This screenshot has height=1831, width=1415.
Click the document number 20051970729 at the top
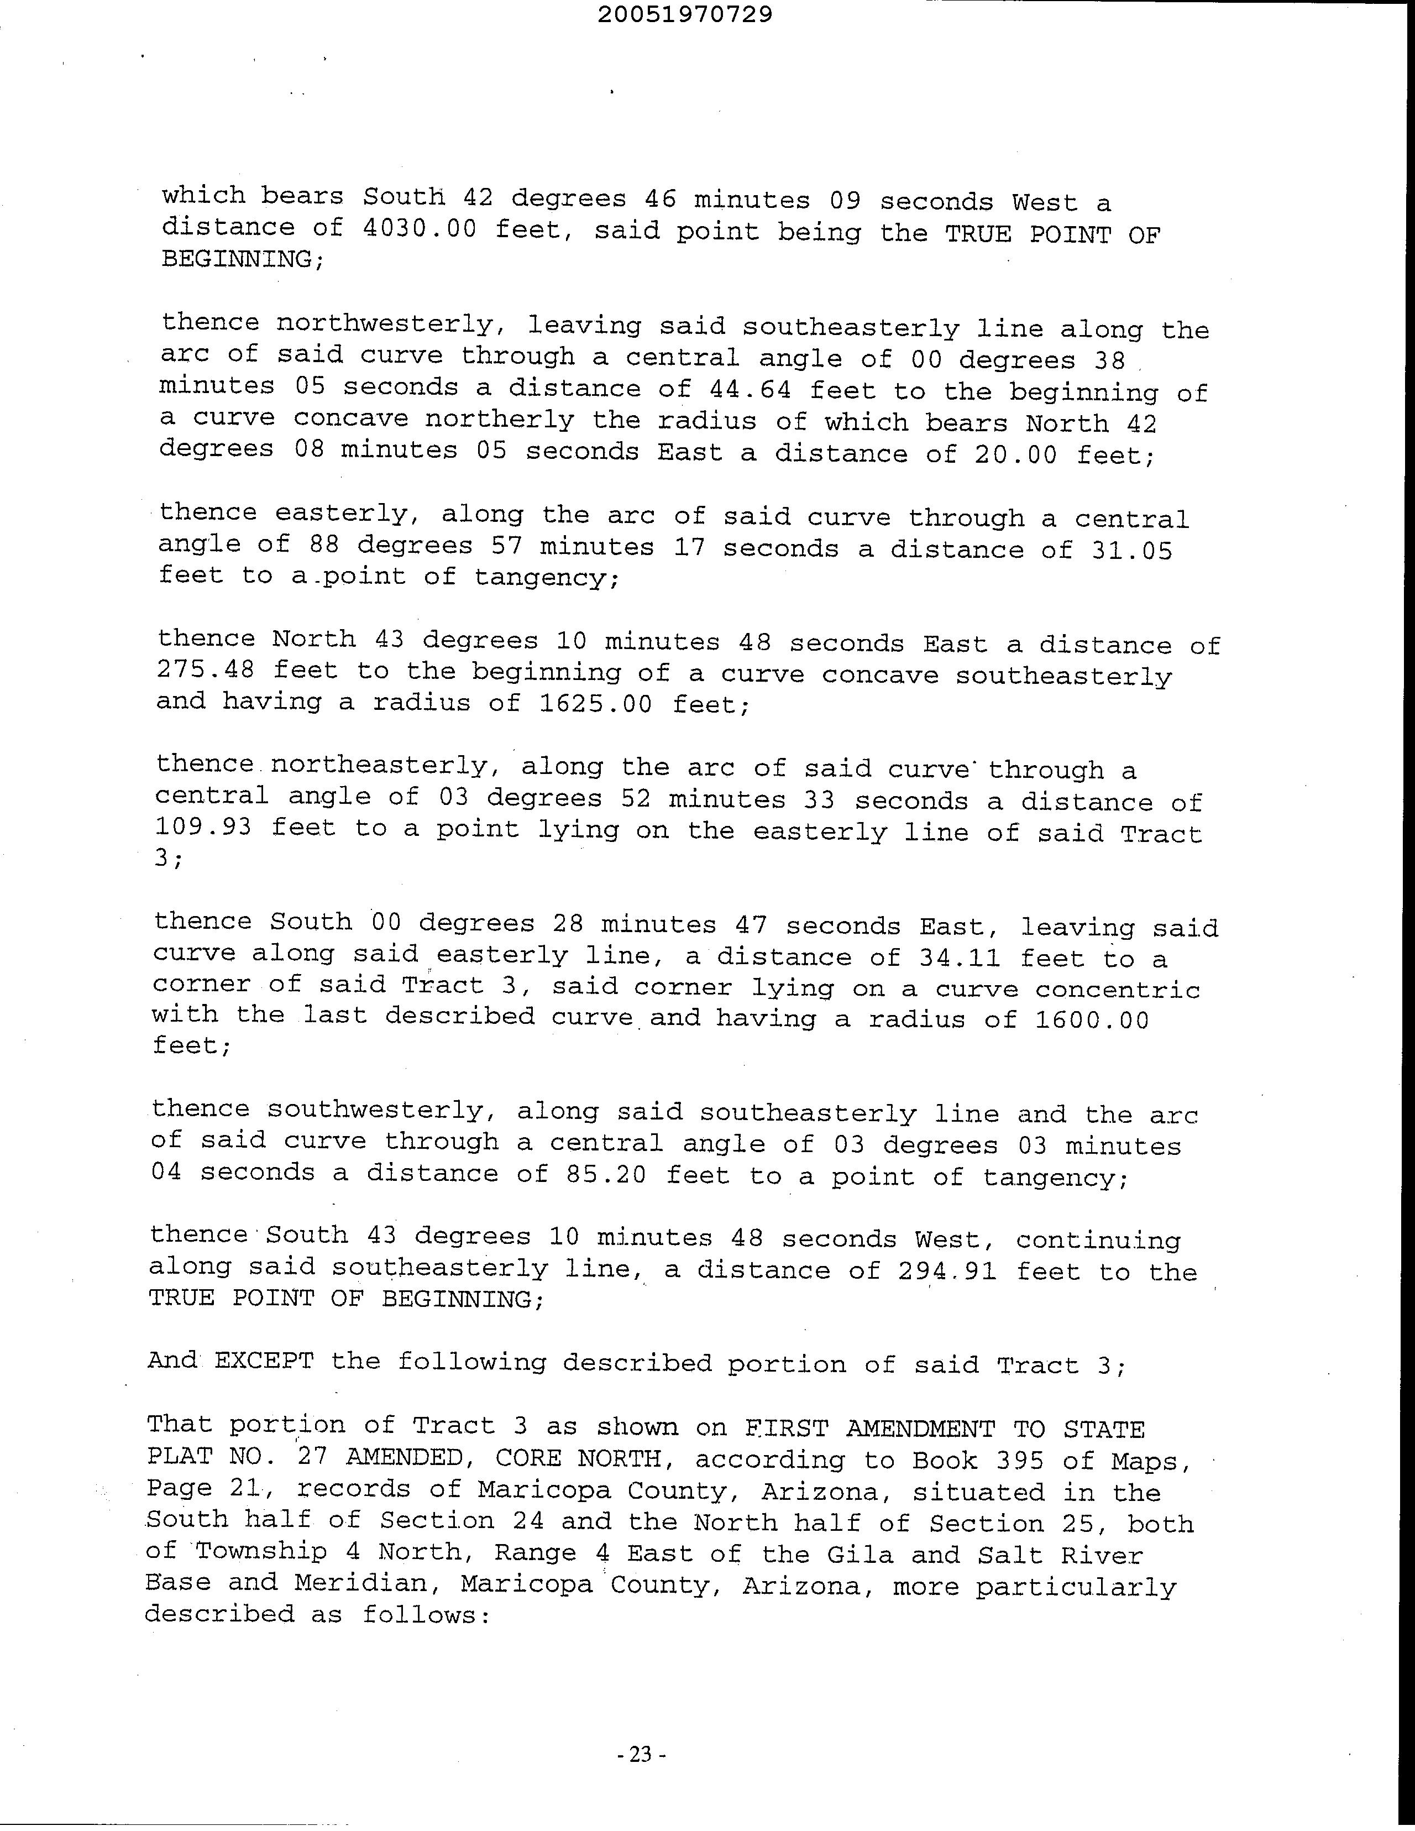pyautogui.click(x=686, y=15)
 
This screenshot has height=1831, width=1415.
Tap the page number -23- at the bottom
pyautogui.click(x=640, y=1754)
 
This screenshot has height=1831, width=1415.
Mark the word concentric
pyautogui.click(x=1118, y=990)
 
